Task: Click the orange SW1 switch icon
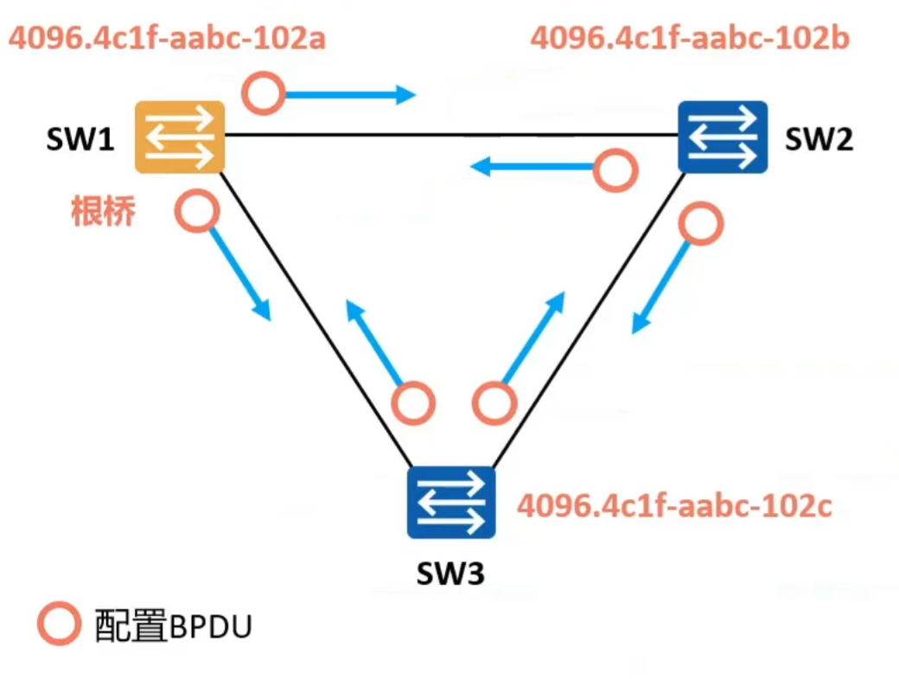pos(180,136)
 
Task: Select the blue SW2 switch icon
pos(723,136)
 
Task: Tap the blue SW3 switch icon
pos(451,501)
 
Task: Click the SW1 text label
pos(80,140)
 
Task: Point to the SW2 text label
pos(819,140)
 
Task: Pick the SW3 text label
pos(450,573)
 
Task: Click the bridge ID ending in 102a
pos(167,39)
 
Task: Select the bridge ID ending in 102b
pos(690,39)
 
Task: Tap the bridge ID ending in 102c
pos(674,505)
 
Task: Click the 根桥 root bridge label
pos(103,212)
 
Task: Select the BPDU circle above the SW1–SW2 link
pos(263,93)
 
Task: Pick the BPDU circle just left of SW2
pos(615,169)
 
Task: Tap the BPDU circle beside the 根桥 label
pos(197,212)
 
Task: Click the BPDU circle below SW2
pos(699,225)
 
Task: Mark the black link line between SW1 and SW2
pos(449,136)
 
